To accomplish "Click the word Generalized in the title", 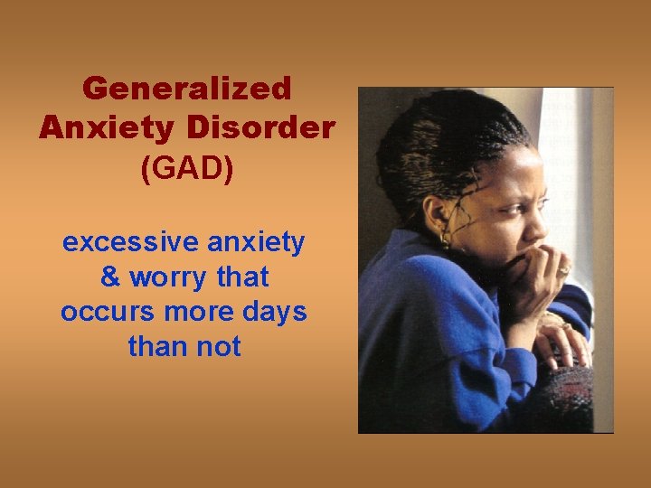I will click(x=186, y=89).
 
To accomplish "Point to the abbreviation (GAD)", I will click(x=186, y=168).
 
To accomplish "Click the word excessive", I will click(x=130, y=242).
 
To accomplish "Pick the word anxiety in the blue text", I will click(x=257, y=242).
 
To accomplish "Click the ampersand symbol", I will click(x=110, y=277).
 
